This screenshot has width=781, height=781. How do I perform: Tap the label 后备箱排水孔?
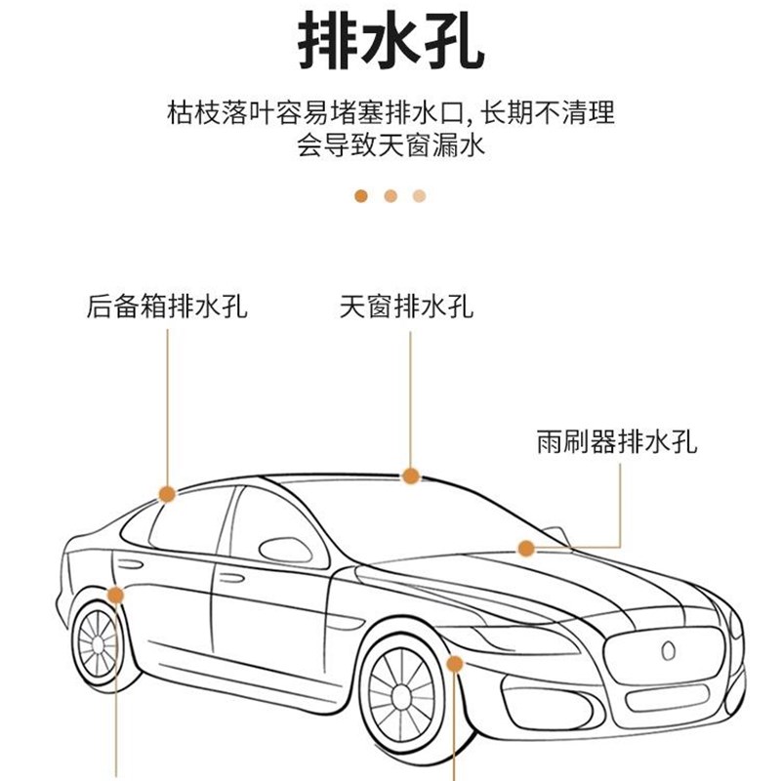pyautogui.click(x=167, y=307)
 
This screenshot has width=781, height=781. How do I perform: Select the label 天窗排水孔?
pyautogui.click(x=407, y=307)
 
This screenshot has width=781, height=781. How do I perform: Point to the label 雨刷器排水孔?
pyautogui.click(x=617, y=441)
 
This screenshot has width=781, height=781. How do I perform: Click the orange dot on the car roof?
pyautogui.click(x=411, y=475)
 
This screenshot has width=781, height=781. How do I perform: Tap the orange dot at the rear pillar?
pyautogui.click(x=167, y=494)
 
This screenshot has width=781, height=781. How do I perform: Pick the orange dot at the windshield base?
pyautogui.click(x=526, y=549)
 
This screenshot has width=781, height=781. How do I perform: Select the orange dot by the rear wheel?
pyautogui.click(x=116, y=595)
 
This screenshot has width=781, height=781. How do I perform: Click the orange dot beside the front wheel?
pyautogui.click(x=454, y=664)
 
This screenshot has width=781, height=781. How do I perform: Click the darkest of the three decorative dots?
pyautogui.click(x=361, y=195)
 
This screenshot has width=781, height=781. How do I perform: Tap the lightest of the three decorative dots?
pyautogui.click(x=420, y=195)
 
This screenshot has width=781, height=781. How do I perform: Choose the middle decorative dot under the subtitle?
pyautogui.click(x=390, y=195)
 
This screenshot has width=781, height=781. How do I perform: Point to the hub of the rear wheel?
pyautogui.click(x=99, y=643)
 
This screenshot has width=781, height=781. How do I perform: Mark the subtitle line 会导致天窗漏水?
pyautogui.click(x=390, y=147)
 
